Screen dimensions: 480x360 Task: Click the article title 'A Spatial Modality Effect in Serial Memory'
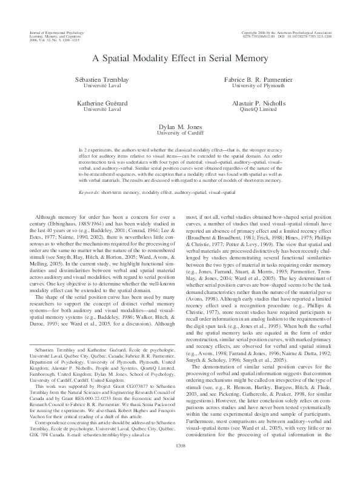point(180,59)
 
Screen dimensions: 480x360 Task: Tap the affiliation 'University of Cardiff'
point(180,133)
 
